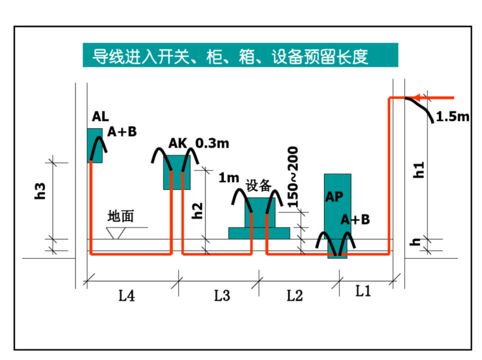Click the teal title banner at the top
coord(240,56)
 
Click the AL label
coord(100,117)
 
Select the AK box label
coord(178,143)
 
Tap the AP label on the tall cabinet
coord(334,197)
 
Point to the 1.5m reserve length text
coord(453,117)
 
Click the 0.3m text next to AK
coord(212,143)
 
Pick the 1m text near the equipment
coord(229,178)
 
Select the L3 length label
coord(221,295)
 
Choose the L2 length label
coord(295,295)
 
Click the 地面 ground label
coord(121,216)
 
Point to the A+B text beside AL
coord(122,131)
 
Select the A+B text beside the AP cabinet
coord(355,219)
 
